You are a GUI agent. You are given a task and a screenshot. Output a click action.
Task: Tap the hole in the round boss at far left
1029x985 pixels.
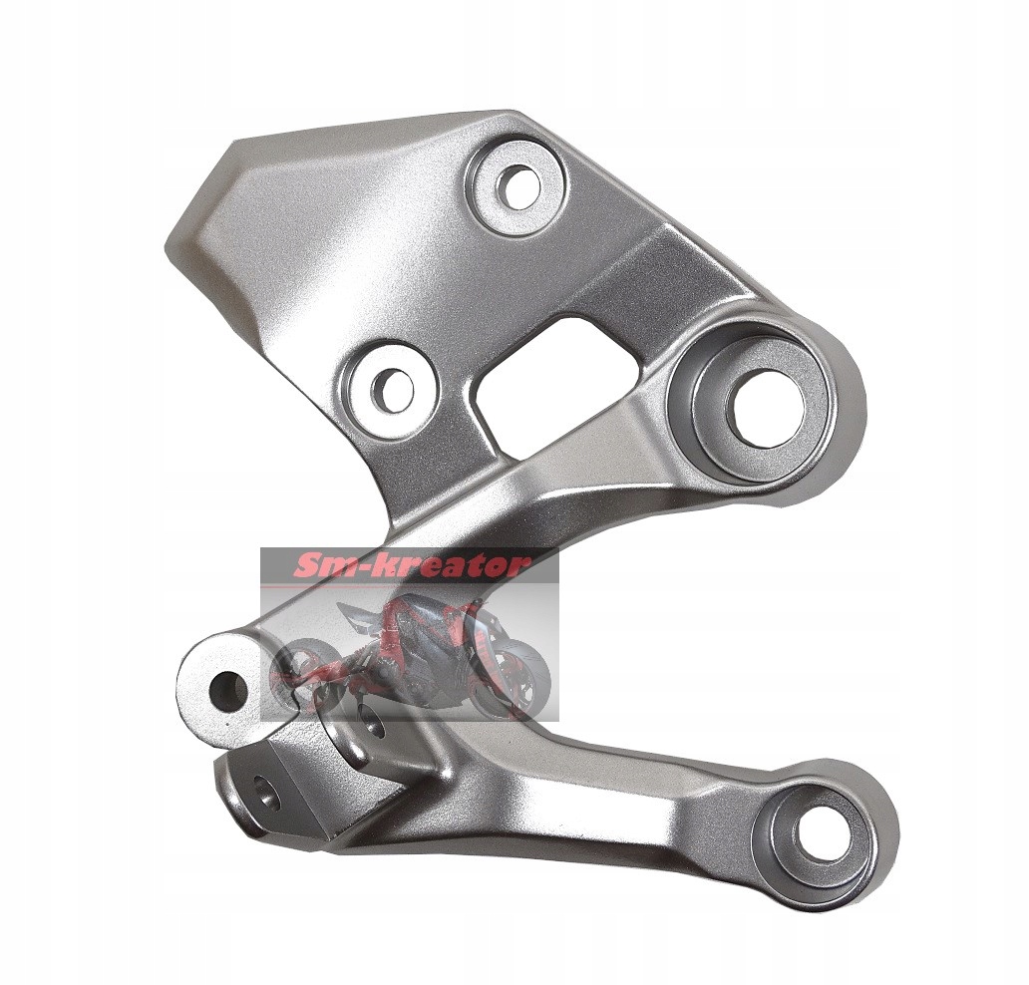coord(227,691)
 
